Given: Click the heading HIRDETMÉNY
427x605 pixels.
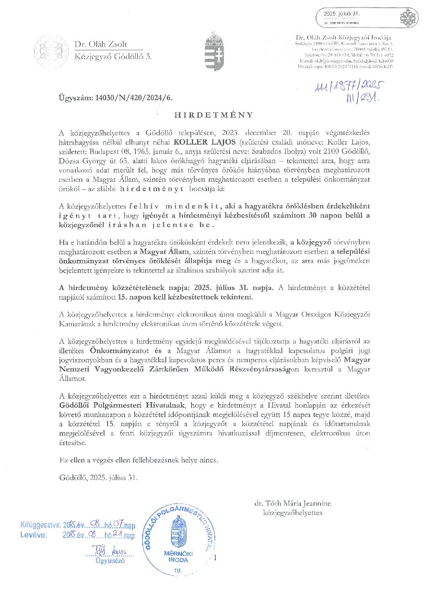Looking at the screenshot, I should (214, 115).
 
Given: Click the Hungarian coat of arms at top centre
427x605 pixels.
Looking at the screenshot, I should (214, 53).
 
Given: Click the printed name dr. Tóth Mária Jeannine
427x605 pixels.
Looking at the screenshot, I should (292, 504).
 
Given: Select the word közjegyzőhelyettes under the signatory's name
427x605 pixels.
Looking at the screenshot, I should (292, 513).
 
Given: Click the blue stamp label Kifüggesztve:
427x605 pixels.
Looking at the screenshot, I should (41, 525).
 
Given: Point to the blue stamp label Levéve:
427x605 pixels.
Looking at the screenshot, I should (33, 535).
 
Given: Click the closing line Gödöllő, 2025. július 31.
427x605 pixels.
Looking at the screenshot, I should (98, 477).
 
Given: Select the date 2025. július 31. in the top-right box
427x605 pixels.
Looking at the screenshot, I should (342, 14).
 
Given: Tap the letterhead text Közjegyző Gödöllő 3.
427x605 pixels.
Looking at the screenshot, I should (113, 57).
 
